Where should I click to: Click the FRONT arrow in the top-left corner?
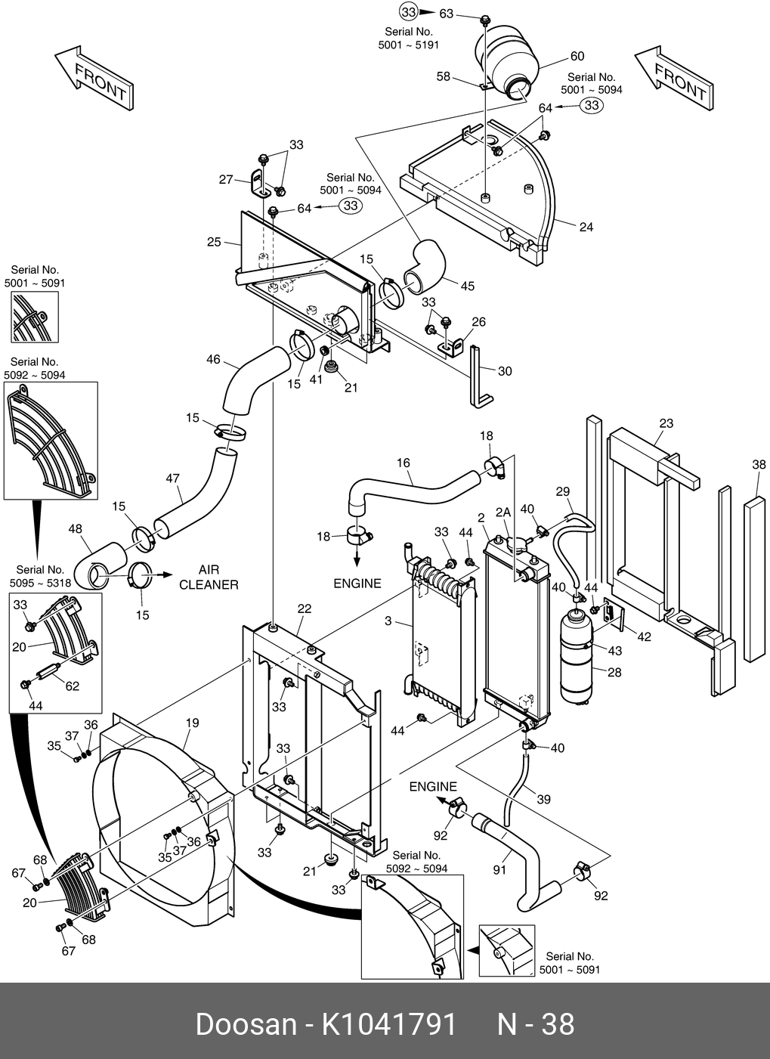94,79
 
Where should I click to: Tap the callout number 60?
577,57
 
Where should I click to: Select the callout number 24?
586,227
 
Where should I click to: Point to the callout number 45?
468,286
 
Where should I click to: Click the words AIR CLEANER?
209,577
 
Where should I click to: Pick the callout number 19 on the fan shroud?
193,723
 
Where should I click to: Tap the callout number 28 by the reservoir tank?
614,672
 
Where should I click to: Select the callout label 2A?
503,512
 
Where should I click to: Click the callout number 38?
759,466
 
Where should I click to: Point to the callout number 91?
499,870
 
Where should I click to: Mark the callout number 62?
73,686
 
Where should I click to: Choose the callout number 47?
173,478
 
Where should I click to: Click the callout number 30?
505,371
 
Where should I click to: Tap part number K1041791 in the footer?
389,1024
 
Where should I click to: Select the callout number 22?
305,608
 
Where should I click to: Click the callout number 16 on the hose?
403,463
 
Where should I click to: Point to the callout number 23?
666,423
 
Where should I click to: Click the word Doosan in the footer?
246,1024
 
